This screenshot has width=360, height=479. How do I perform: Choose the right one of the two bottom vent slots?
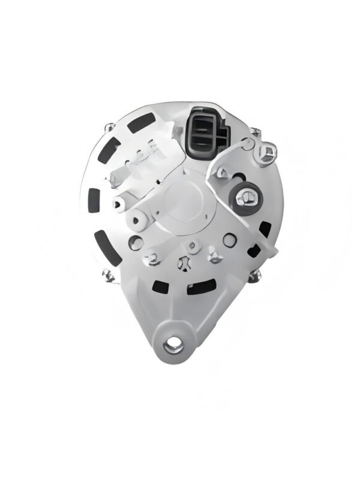pos(200,288)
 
